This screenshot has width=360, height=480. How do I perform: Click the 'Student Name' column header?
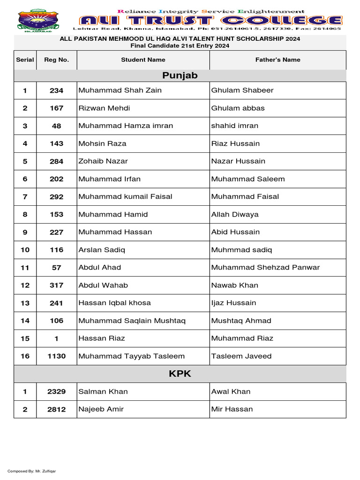143,60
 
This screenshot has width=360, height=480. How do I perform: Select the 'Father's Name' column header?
277,60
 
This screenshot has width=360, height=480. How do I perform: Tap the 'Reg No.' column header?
56,60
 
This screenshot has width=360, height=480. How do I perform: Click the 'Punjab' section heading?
180,75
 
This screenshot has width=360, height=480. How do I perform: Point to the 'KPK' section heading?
180,374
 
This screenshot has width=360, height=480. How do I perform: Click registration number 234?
56,90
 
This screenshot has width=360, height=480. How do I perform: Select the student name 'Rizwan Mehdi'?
104,108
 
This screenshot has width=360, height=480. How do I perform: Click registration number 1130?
56,356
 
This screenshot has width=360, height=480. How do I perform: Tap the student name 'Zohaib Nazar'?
103,161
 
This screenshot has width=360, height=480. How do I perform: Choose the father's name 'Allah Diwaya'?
235,214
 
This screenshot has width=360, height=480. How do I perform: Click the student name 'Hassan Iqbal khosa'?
114,303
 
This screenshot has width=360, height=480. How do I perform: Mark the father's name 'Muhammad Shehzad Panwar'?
265,267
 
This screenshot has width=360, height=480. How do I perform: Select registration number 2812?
56,409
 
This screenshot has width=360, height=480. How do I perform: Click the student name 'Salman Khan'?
103,391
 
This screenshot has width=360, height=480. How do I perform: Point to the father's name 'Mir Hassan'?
232,409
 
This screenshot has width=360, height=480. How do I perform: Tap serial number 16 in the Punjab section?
25,356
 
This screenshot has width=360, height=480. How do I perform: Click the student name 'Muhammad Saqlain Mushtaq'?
132,321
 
